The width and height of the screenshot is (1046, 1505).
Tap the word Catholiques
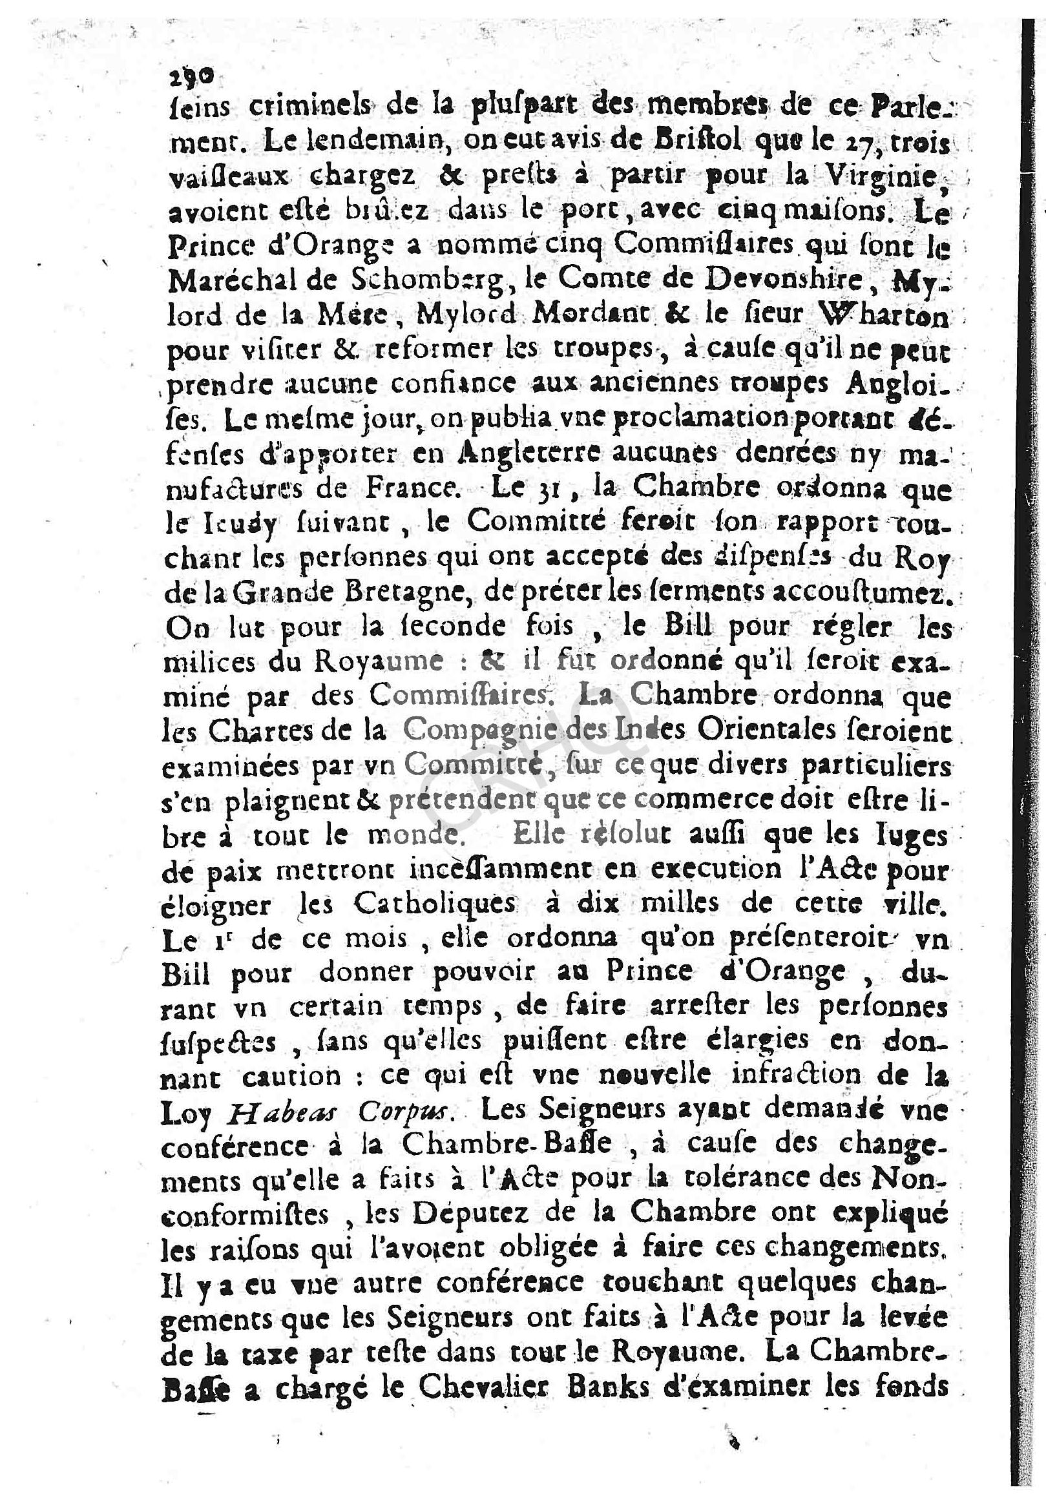pyautogui.click(x=435, y=906)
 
